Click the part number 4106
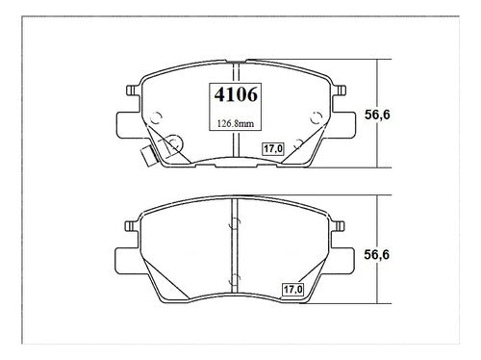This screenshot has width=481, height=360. pos(236,94)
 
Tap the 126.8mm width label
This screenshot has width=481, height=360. pos(236,123)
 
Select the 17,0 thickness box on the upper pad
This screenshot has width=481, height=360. pos(273,149)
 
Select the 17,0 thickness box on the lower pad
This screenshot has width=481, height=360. pos(292,290)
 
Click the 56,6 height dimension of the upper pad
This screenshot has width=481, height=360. pos(377,115)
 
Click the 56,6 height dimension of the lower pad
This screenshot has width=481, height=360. pos(377,254)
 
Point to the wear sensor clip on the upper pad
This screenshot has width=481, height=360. pos(149,155)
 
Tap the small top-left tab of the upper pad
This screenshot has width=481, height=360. pos(132,90)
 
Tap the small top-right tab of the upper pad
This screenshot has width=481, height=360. pos(341,90)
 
